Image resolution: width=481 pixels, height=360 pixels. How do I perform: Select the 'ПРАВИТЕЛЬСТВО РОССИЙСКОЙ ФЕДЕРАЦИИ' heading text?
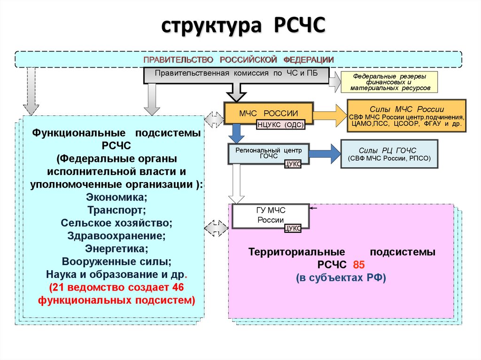(239, 60)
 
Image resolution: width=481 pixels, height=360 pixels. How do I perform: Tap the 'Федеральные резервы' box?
(389, 82)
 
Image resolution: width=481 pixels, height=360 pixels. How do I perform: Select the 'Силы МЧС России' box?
(406, 115)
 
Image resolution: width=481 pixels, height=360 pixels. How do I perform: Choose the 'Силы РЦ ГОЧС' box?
(388, 153)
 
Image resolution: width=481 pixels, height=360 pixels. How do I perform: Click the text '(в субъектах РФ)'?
(341, 277)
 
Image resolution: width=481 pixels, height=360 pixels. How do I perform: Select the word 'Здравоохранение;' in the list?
(116, 235)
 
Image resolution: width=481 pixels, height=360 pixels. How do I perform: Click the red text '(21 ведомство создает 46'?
(116, 287)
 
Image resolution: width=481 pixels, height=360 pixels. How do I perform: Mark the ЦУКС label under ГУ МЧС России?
(293, 228)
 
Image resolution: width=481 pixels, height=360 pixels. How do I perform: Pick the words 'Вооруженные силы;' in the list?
(116, 261)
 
